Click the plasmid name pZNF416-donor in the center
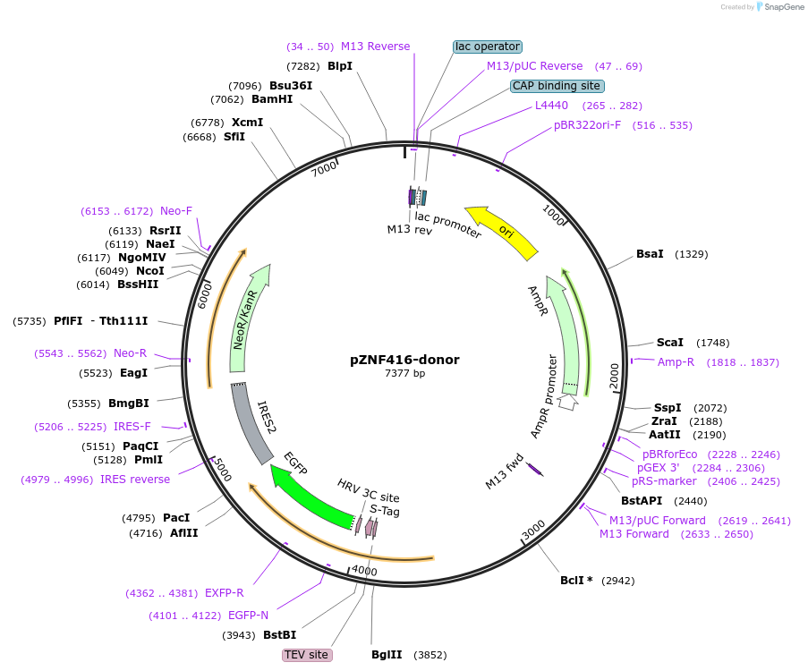click(x=404, y=361)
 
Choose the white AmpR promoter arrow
click(x=567, y=403)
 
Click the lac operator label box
click(x=487, y=47)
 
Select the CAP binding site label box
click(x=557, y=87)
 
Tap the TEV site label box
click(x=307, y=655)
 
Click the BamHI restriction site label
click(x=272, y=99)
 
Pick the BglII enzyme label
click(x=387, y=655)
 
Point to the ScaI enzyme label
click(x=669, y=343)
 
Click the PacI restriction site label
click(x=176, y=518)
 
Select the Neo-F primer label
click(x=176, y=211)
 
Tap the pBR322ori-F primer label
click(x=587, y=125)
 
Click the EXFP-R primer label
click(x=225, y=592)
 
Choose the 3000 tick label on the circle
click(x=533, y=531)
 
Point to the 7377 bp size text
click(x=404, y=374)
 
